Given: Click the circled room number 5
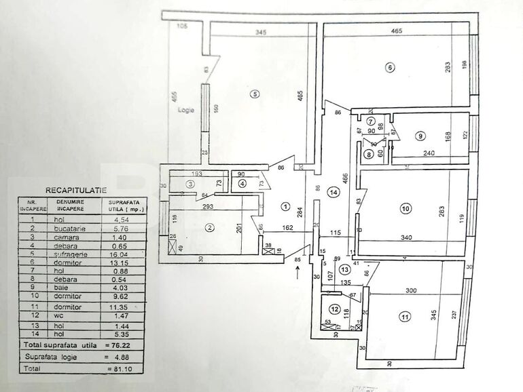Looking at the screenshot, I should point(254,94).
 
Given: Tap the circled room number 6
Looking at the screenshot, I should point(389,67).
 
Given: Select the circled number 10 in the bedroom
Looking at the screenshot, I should point(405,209).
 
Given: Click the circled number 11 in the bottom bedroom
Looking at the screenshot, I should point(405,316).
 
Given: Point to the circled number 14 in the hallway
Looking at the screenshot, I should point(332,192).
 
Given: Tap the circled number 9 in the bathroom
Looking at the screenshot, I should point(420,136).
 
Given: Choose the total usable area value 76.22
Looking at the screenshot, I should point(120,345).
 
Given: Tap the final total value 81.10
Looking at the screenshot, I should point(120,368).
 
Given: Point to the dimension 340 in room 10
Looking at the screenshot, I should point(407,238).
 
